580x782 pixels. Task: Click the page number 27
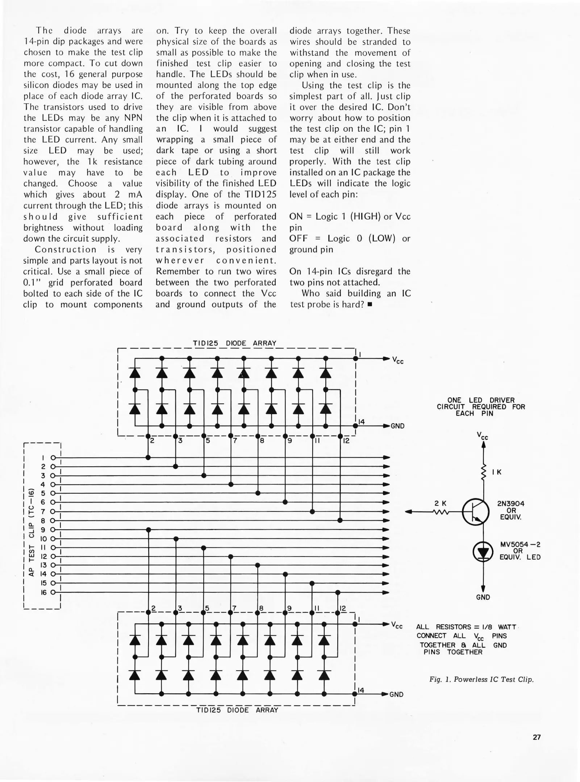[537, 737]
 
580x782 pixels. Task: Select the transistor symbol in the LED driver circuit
[476, 512]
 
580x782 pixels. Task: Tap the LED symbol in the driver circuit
[483, 552]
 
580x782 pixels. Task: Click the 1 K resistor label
[497, 472]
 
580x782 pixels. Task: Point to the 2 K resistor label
[441, 503]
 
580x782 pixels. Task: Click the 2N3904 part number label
[511, 504]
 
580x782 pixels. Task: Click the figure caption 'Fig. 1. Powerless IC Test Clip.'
[481, 680]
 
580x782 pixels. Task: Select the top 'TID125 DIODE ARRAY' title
[234, 343]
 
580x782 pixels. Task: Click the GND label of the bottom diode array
[396, 694]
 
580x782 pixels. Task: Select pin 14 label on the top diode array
[361, 421]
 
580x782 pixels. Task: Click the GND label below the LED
[483, 597]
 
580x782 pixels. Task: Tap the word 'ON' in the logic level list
[296, 216]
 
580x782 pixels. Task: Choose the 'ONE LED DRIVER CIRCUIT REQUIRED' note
[481, 407]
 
